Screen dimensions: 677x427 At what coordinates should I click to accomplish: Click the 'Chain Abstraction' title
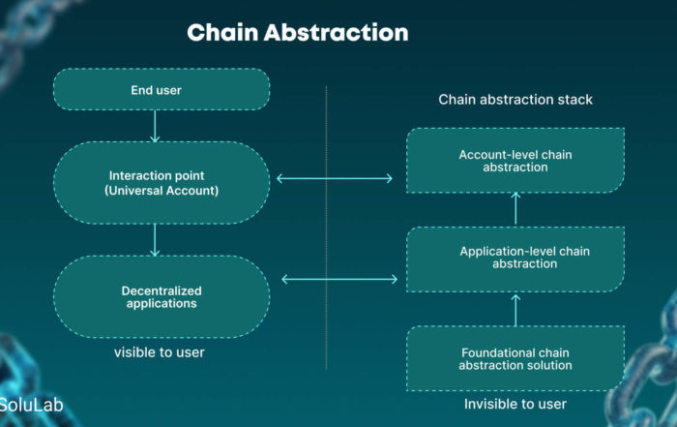[298, 33]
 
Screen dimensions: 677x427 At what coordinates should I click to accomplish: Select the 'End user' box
[162, 89]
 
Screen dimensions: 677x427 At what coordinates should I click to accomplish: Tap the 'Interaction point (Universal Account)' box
[162, 183]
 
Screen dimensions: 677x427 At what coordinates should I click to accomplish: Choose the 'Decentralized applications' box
[162, 297]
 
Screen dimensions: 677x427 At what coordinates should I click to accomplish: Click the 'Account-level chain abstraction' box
[515, 161]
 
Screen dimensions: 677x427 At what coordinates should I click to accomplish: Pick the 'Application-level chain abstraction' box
[515, 259]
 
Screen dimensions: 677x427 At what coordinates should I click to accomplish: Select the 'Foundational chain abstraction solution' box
[515, 358]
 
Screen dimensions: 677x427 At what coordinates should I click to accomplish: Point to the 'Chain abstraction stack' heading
[515, 100]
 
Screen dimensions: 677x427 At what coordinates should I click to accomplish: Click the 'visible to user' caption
[160, 352]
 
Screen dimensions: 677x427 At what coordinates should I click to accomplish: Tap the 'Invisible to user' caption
[515, 404]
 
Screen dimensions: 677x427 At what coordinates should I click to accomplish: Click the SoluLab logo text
[32, 405]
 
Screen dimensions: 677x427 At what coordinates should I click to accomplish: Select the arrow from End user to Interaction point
[155, 126]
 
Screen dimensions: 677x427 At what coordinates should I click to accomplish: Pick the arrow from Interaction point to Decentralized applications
[155, 240]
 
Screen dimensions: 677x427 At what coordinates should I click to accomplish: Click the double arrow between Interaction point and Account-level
[335, 178]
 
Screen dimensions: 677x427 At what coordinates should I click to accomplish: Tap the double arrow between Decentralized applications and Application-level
[339, 279]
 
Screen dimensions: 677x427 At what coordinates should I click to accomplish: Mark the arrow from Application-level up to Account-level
[515, 209]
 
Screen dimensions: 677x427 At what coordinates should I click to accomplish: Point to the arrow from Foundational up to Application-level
[515, 310]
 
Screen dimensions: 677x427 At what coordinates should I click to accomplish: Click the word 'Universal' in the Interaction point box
[137, 191]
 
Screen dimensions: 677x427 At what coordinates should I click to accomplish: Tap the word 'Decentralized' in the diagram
[162, 290]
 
